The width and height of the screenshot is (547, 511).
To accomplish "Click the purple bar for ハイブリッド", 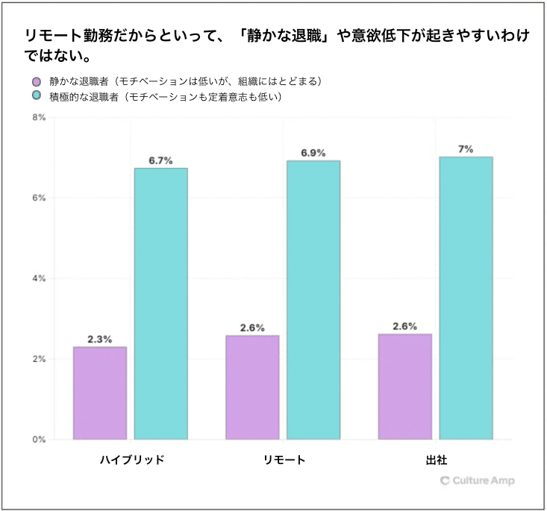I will [100, 393].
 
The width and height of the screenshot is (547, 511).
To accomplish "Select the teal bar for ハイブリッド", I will [160, 304].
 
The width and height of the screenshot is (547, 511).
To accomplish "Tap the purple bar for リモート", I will [252, 387].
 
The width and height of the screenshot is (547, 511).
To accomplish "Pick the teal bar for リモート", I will [313, 300].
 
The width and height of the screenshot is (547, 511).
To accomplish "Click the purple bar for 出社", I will [404, 386].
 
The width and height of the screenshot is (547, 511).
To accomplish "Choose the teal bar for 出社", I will [466, 298].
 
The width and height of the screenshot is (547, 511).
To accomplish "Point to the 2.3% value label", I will [100, 339].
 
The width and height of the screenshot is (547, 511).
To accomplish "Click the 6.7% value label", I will [160, 160].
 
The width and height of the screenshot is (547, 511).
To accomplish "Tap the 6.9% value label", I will [313, 153].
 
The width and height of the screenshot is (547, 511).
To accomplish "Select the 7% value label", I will [466, 149].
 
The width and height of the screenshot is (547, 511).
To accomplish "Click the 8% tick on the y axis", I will [38, 118].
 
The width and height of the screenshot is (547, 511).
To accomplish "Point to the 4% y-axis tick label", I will [38, 278].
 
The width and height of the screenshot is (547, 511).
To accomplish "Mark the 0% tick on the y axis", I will [38, 439].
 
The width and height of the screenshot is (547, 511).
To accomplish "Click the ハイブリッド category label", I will [131, 460].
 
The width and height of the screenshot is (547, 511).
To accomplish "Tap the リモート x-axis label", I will [284, 460].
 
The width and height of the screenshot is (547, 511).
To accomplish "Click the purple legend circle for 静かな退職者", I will [36, 81].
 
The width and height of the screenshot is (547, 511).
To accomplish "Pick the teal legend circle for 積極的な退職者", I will [36, 96].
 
